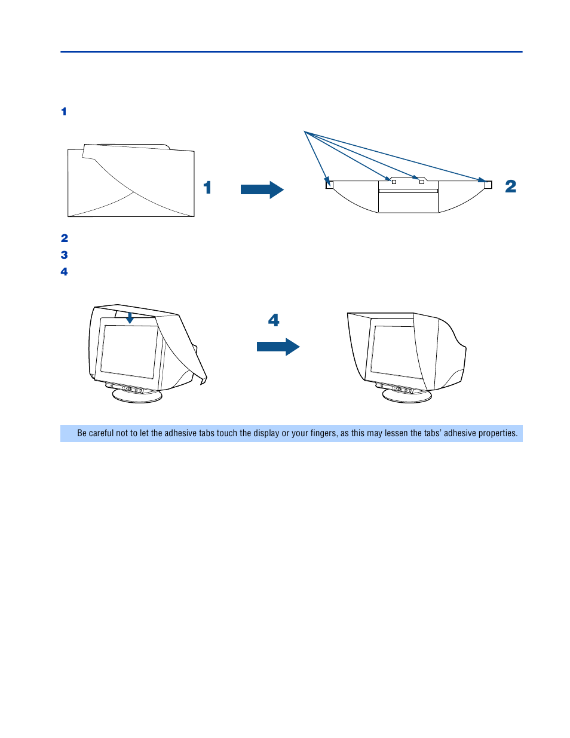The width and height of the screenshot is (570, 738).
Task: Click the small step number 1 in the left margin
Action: coord(64,112)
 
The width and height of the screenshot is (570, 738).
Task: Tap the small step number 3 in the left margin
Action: coord(64,255)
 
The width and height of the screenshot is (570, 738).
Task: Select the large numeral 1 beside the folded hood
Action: coord(207,188)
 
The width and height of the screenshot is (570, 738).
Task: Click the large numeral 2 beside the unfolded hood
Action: coord(510,186)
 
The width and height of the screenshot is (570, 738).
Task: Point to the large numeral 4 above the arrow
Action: coord(274,320)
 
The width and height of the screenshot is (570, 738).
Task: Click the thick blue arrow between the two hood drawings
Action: coord(262,189)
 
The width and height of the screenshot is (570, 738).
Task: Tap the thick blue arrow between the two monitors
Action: coord(278,347)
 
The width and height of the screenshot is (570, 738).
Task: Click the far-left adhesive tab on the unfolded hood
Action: coord(329,185)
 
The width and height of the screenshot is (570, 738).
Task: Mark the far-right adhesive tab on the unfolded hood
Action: coord(488,185)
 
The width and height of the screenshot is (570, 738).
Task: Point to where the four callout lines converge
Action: coord(305,132)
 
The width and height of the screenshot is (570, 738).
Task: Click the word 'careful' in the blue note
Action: coord(101,433)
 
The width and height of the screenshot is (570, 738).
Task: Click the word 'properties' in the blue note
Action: coord(498,433)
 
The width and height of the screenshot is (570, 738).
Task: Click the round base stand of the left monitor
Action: coord(137,396)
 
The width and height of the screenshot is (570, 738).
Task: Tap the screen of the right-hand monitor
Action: coord(395,350)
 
